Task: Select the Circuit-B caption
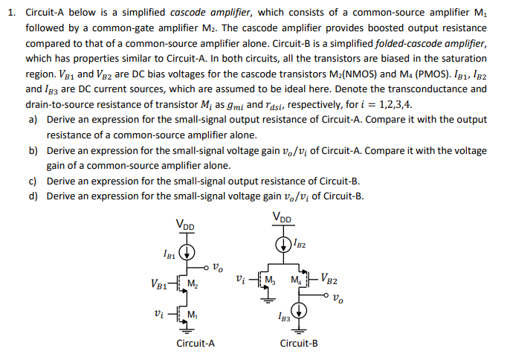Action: coord(299,344)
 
